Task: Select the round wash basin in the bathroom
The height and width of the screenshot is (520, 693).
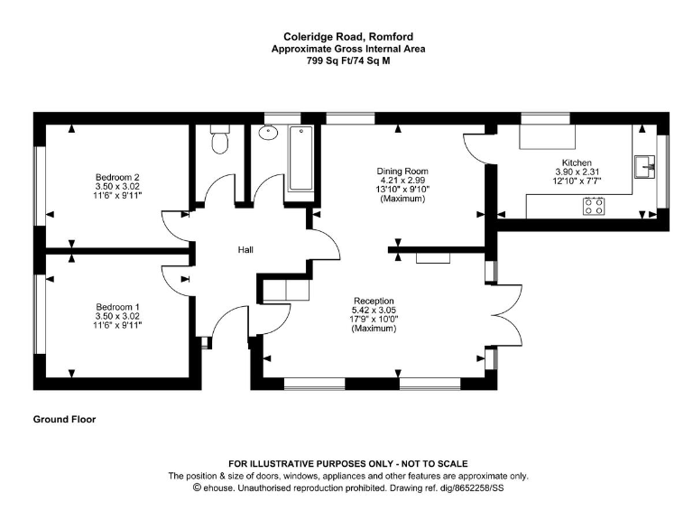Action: coord(268,132)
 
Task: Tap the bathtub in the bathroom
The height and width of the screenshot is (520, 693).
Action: coord(301,159)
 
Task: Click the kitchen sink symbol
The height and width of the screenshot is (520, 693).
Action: coord(645,167)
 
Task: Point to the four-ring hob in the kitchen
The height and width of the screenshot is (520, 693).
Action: coord(594,206)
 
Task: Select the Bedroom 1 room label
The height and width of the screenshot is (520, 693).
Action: coord(117,307)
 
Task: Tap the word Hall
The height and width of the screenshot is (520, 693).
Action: coord(245,250)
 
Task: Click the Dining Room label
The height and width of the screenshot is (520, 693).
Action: coord(402,172)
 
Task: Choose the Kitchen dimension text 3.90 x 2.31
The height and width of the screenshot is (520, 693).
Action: coord(577,172)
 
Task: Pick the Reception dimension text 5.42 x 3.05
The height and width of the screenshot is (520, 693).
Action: coord(374,311)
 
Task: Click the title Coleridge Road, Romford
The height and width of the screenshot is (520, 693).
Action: coord(348,37)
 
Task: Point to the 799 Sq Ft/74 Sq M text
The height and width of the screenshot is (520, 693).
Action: coord(348,61)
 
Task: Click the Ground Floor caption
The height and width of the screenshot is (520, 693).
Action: coord(65,419)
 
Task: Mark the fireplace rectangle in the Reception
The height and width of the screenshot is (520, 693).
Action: coord(433,258)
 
